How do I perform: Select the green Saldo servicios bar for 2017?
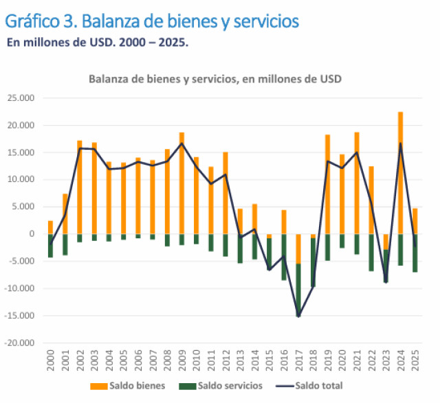(x=298, y=289)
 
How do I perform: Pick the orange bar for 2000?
(x=50, y=227)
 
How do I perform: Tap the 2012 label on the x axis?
(x=225, y=360)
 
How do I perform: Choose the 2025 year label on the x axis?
(x=416, y=360)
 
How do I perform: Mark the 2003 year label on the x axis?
(x=94, y=360)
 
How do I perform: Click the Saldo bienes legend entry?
(x=131, y=385)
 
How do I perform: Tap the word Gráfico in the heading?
(x=31, y=21)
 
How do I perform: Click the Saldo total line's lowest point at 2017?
(x=298, y=316)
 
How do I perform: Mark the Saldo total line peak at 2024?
(x=401, y=143)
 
